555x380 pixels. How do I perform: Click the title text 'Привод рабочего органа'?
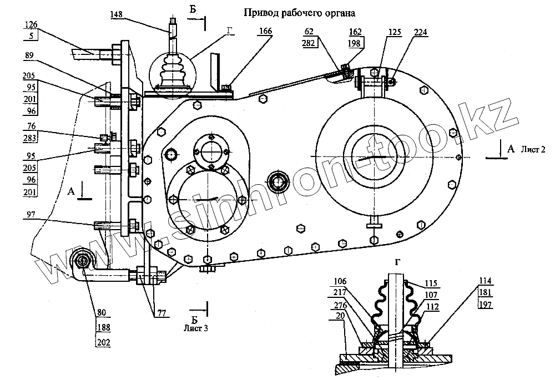tap(299, 13)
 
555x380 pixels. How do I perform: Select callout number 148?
tap(117, 14)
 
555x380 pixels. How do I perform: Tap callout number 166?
tap(265, 31)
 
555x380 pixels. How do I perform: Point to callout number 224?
tap(421, 32)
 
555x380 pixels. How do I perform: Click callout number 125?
tap(395, 32)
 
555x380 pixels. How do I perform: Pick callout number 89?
tap(30, 55)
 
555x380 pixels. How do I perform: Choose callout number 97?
tap(31, 215)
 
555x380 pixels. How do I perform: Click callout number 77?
tap(162, 313)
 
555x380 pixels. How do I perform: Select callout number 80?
tap(102, 312)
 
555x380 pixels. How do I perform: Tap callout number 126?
tap(31, 24)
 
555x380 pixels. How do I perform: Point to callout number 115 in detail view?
tap(431, 283)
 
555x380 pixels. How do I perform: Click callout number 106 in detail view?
tap(340, 281)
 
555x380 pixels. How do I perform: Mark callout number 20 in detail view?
tap(340, 316)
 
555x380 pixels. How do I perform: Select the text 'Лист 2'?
tap(533, 149)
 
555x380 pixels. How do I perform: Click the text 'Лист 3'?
tap(196, 328)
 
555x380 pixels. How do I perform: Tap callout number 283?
tap(30, 138)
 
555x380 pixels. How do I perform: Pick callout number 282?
tap(309, 43)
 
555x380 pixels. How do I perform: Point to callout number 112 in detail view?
tap(433, 306)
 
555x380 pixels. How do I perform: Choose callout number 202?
tap(104, 342)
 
